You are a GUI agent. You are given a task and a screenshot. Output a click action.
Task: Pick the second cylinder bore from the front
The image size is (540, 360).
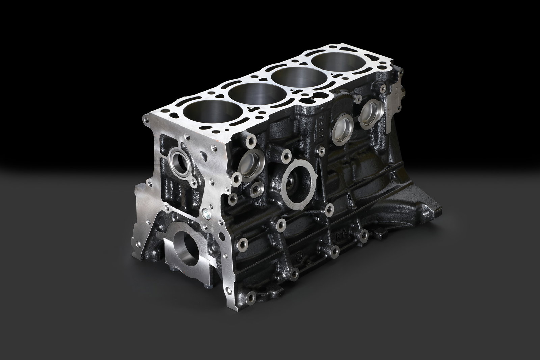pyautogui.click(x=247, y=95)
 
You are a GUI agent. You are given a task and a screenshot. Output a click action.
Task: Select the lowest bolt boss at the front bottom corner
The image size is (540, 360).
pyautogui.click(x=251, y=298)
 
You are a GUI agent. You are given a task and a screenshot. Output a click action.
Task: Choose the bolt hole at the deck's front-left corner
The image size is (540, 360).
pyautogui.click(x=146, y=118)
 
